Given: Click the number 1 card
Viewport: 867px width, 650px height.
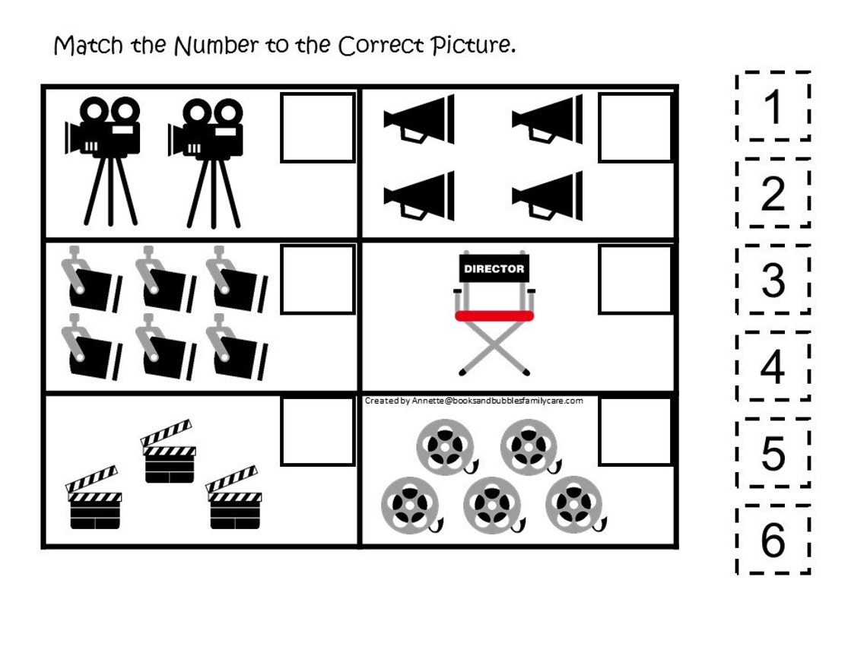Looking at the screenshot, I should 773,106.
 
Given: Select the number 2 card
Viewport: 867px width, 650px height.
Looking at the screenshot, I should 773,193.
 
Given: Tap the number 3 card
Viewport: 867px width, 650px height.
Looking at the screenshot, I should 773,280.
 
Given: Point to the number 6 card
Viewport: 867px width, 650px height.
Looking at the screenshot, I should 773,540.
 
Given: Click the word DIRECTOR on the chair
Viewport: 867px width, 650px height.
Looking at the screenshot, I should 494,268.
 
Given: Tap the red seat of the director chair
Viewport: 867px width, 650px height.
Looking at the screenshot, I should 494,315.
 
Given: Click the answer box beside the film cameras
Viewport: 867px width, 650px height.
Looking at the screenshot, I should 318,128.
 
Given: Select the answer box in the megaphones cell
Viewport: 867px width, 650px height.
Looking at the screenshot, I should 635,128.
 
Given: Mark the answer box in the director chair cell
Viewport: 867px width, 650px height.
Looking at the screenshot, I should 635,279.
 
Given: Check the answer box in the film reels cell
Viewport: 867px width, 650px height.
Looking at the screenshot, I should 635,431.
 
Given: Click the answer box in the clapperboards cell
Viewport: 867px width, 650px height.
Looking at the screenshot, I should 318,431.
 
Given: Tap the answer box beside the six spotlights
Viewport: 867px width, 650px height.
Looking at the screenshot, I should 318,279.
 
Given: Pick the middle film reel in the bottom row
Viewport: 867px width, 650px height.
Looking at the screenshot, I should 491,503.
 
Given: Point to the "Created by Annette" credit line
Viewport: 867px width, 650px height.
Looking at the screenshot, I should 474,401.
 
